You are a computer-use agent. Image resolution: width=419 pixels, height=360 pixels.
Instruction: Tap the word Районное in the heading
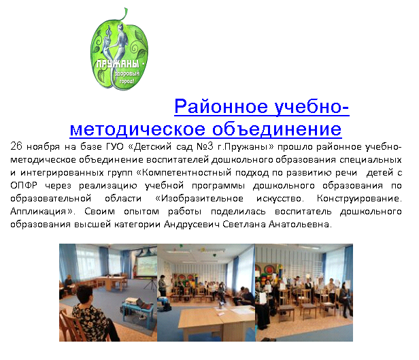coord(221,107)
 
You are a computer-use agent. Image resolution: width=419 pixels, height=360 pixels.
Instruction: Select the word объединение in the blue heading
coord(277,129)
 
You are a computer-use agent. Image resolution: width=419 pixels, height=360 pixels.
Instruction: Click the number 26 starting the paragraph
coord(16,146)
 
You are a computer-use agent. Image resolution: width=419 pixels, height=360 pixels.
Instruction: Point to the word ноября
coord(43,147)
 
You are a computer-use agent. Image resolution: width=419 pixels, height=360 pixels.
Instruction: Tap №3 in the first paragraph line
coord(205,146)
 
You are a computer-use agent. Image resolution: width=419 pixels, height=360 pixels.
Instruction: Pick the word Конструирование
coord(359,199)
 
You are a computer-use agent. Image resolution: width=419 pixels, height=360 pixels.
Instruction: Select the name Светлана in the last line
coord(244,224)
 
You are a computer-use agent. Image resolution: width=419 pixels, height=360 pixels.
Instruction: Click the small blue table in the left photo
coord(137,308)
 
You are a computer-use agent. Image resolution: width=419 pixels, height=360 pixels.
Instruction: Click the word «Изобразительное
coord(199,199)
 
